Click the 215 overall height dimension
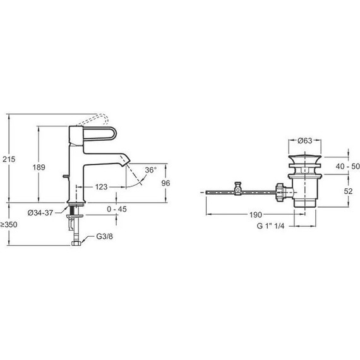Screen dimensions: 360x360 coord(9,159)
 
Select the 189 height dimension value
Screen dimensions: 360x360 coord(39,167)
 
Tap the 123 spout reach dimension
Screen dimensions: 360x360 coord(101,187)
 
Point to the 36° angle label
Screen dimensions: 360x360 coord(150,170)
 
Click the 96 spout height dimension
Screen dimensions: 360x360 coord(165,183)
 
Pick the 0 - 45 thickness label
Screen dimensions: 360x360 coord(117,209)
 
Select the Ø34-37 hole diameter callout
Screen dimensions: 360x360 coord(40,213)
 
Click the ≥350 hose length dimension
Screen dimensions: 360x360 coord(9,225)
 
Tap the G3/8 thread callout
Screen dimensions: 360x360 coord(104,236)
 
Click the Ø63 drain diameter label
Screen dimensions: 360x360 coord(305,140)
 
